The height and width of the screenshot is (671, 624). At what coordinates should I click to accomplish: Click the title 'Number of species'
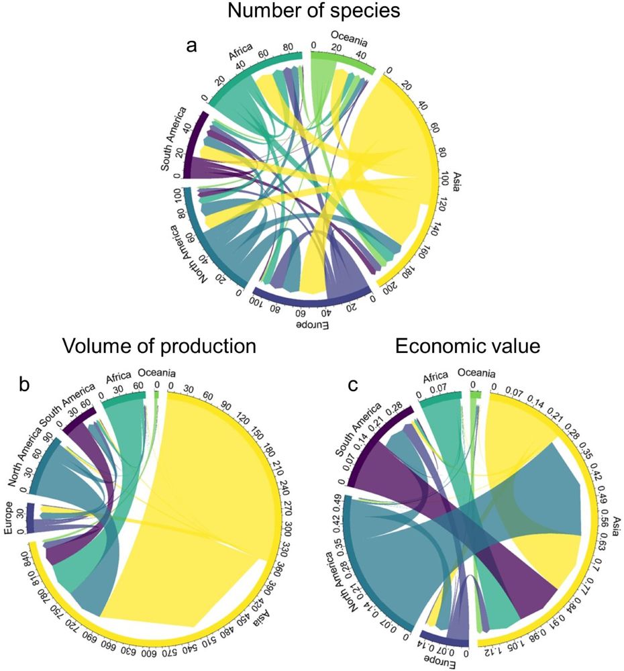coord(311,14)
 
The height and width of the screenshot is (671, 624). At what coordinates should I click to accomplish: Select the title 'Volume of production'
coord(159,346)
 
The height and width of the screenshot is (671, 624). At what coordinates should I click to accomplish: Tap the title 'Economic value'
coord(470,346)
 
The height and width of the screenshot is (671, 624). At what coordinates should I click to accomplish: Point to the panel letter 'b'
coord(21,384)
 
